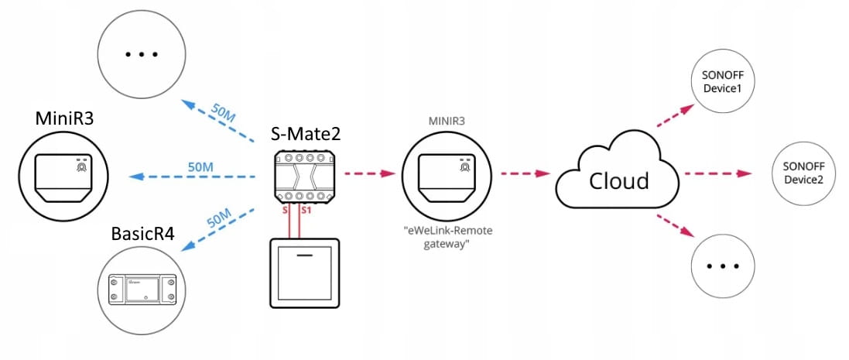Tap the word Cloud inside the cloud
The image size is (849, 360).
coord(618,180)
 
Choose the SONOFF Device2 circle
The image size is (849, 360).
coord(803,173)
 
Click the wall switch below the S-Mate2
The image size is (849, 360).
coord(303,273)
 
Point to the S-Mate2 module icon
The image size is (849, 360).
coord(304,177)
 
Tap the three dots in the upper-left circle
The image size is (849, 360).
coord(141,54)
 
